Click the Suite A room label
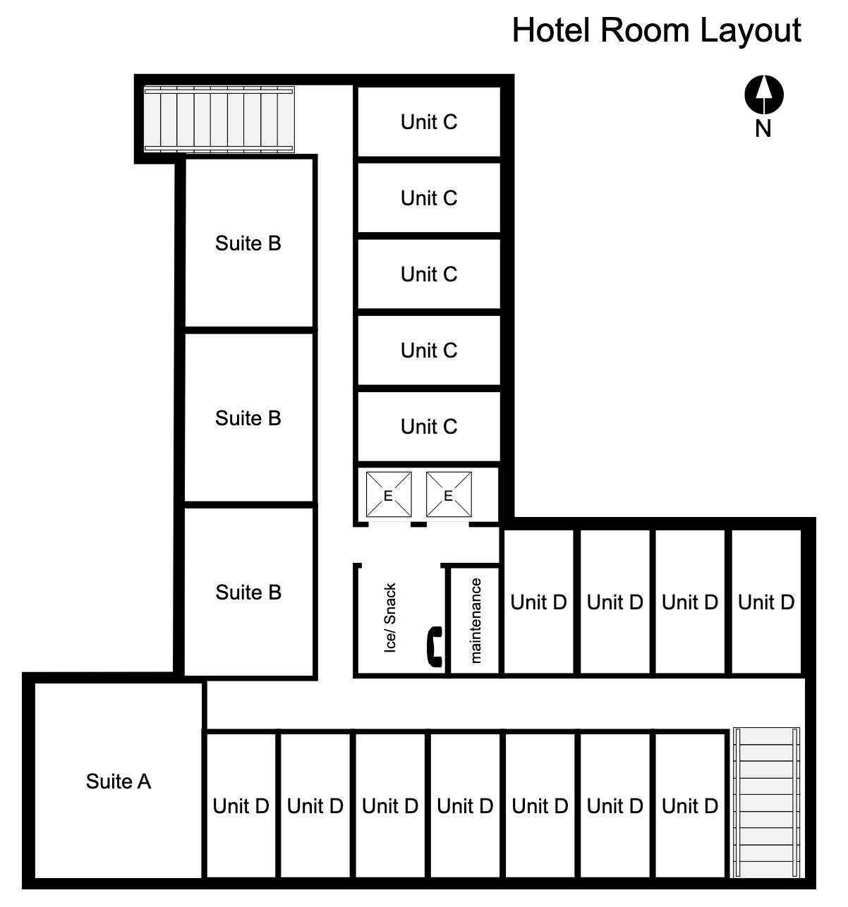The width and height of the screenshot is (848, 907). (x=119, y=781)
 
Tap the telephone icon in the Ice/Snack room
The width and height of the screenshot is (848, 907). (x=434, y=646)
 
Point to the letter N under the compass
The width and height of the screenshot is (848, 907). (x=763, y=129)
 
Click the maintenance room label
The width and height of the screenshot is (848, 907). (x=476, y=621)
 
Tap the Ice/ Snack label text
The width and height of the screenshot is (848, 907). (x=390, y=618)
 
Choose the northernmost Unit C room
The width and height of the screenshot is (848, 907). (x=429, y=122)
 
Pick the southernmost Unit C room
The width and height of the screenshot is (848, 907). (x=429, y=427)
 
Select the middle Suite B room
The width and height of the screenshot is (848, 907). (x=248, y=418)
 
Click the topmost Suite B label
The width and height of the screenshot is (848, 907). (x=248, y=243)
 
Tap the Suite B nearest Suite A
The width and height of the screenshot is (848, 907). (x=248, y=592)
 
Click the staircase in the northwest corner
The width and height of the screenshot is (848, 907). (x=219, y=119)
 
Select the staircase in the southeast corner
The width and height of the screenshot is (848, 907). (x=767, y=803)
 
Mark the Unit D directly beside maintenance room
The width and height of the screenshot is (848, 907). (x=538, y=602)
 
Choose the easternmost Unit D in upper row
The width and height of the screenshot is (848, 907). (x=766, y=602)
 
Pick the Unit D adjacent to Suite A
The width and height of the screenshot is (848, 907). (x=241, y=805)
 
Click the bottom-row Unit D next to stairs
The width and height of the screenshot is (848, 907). (x=690, y=805)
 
